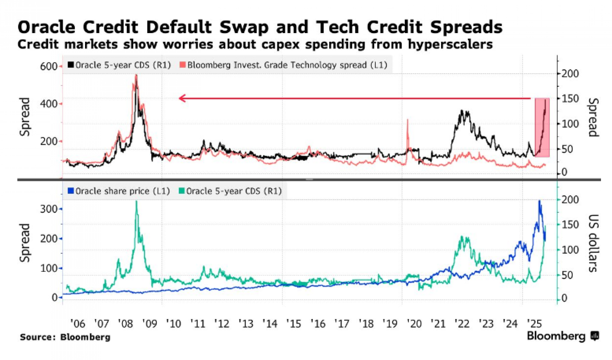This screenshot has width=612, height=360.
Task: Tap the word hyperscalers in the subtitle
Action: [450, 45]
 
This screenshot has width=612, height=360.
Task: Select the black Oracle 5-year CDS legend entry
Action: [119, 65]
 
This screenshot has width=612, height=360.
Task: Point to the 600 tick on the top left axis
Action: [48, 66]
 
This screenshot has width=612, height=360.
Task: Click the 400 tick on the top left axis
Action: [48, 104]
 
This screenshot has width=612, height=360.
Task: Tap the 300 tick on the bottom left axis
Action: [48, 209]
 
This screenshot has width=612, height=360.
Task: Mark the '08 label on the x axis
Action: [125, 324]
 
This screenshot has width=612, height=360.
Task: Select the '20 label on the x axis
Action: [414, 324]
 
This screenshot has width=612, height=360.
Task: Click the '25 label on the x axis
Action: [534, 324]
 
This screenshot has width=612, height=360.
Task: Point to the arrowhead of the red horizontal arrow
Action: [182, 98]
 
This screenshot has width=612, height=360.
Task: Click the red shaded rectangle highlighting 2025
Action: [542, 127]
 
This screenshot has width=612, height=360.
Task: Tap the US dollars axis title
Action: [593, 243]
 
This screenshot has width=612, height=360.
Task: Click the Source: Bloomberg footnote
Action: [65, 337]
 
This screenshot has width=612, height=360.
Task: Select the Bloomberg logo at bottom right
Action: [562, 336]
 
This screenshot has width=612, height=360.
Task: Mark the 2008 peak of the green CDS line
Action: [136, 202]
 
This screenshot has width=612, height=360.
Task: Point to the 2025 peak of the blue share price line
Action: [539, 201]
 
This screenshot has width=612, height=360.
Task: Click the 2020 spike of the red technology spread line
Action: [408, 120]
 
